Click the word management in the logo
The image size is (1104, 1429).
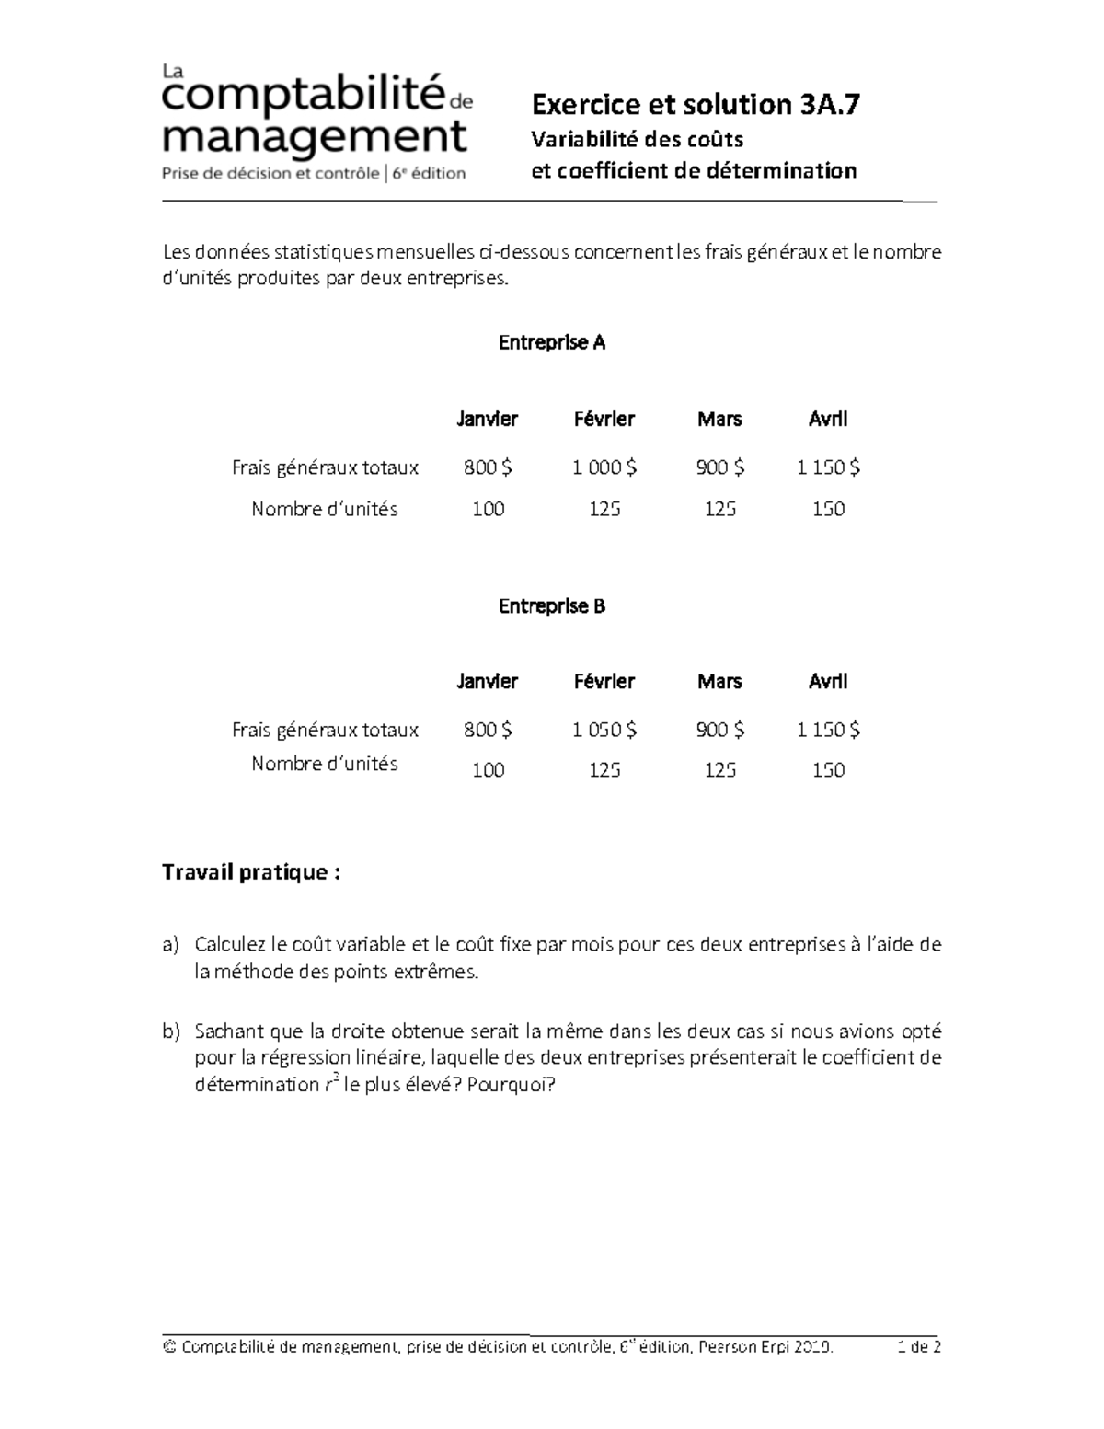pyautogui.click(x=315, y=139)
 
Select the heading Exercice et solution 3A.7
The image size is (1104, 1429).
pyautogui.click(x=696, y=105)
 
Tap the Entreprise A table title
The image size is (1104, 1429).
pyautogui.click(x=551, y=343)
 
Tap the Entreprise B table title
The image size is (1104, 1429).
pyautogui.click(x=551, y=606)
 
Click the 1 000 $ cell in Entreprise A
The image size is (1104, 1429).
pyautogui.click(x=604, y=467)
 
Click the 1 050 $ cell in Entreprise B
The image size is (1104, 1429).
pyautogui.click(x=604, y=730)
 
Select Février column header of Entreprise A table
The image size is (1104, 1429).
pyautogui.click(x=604, y=420)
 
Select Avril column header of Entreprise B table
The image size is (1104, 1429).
pyautogui.click(x=827, y=682)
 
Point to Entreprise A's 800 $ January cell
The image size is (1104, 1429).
pyautogui.click(x=488, y=467)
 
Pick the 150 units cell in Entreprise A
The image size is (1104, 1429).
pyautogui.click(x=827, y=509)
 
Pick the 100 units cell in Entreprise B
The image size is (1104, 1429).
pyautogui.click(x=488, y=770)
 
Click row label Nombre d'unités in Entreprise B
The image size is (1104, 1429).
pyautogui.click(x=325, y=764)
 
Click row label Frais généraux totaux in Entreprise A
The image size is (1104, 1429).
pyautogui.click(x=325, y=467)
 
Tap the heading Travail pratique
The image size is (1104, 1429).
pyautogui.click(x=251, y=872)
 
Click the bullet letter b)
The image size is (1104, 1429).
pyautogui.click(x=171, y=1031)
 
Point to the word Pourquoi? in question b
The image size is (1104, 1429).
pyautogui.click(x=512, y=1085)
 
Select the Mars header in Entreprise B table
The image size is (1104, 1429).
pyautogui.click(x=719, y=682)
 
